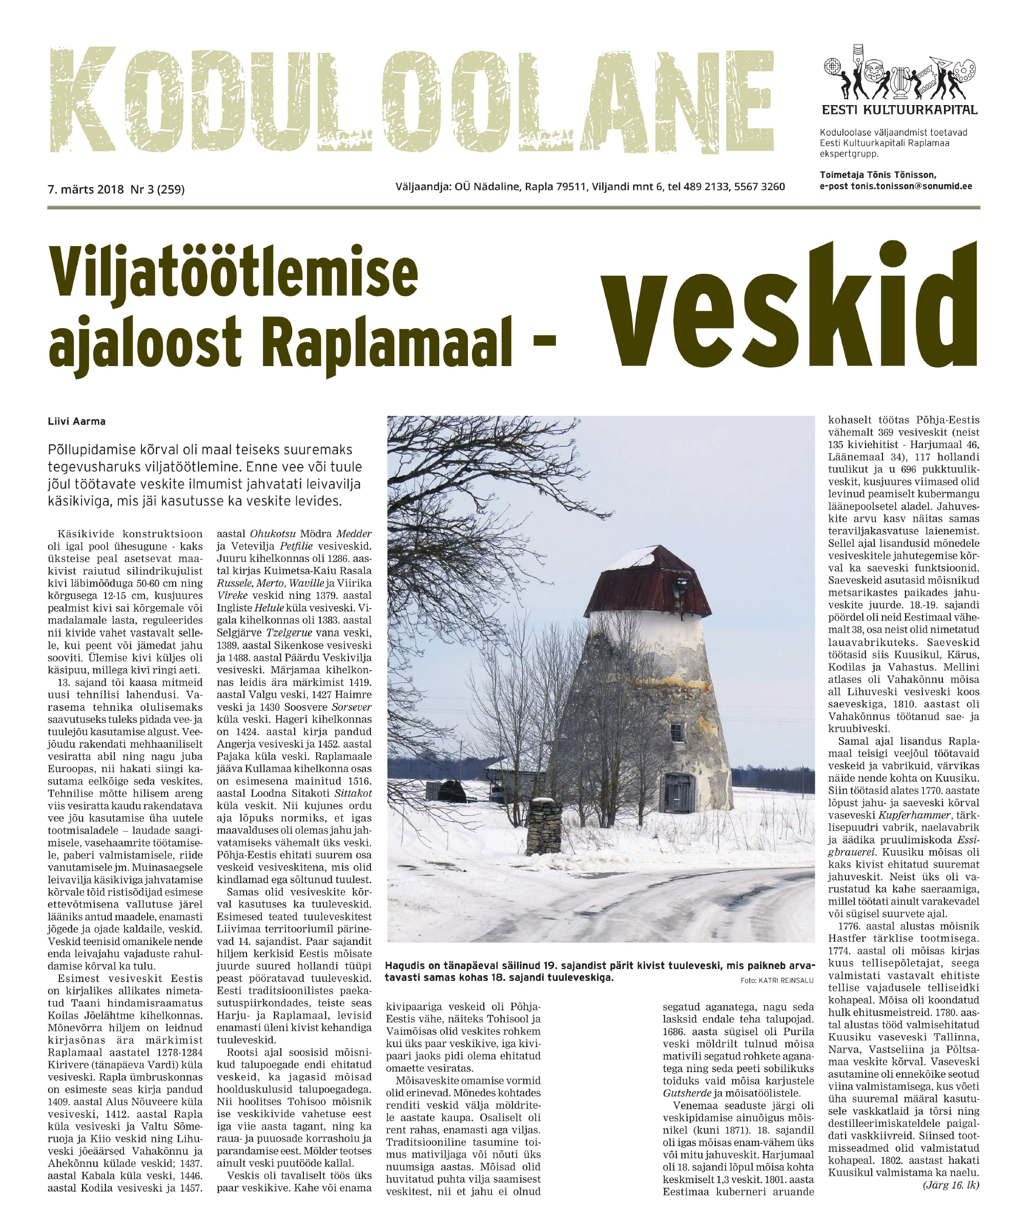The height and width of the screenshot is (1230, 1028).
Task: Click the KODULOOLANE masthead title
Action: pos(410,99)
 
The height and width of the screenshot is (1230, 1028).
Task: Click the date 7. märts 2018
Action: pos(86,189)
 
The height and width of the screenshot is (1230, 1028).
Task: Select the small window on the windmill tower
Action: pos(676,732)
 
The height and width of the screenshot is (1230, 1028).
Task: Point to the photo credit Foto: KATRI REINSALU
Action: pos(776,980)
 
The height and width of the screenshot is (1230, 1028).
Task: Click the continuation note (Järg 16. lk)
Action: pos(951,1185)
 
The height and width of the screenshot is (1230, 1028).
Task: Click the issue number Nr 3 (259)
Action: pos(157,189)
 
